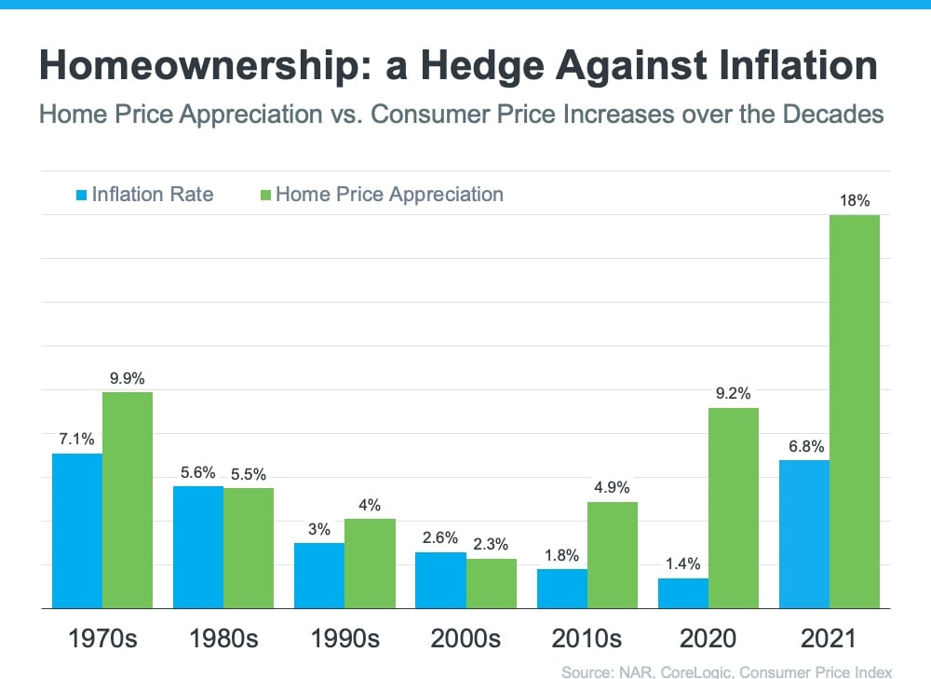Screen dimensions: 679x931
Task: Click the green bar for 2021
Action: (x=854, y=411)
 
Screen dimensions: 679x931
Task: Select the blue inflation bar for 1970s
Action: (x=77, y=530)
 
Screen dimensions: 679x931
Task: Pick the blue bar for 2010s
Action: (x=562, y=588)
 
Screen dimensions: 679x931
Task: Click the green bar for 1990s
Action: (x=370, y=563)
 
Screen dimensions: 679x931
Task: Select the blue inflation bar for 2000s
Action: (x=440, y=579)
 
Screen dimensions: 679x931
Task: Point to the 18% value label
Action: (x=854, y=200)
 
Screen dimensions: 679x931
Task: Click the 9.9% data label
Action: (x=128, y=378)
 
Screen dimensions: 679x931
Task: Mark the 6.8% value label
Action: (x=805, y=446)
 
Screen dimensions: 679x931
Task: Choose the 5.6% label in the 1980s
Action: (x=197, y=472)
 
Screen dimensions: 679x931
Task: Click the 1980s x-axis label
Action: (x=223, y=639)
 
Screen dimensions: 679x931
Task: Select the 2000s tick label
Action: (x=465, y=639)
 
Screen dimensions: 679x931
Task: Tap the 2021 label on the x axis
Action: (x=829, y=639)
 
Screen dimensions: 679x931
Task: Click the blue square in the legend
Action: (x=82, y=195)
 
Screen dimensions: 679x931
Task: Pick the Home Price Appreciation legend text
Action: (x=389, y=195)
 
